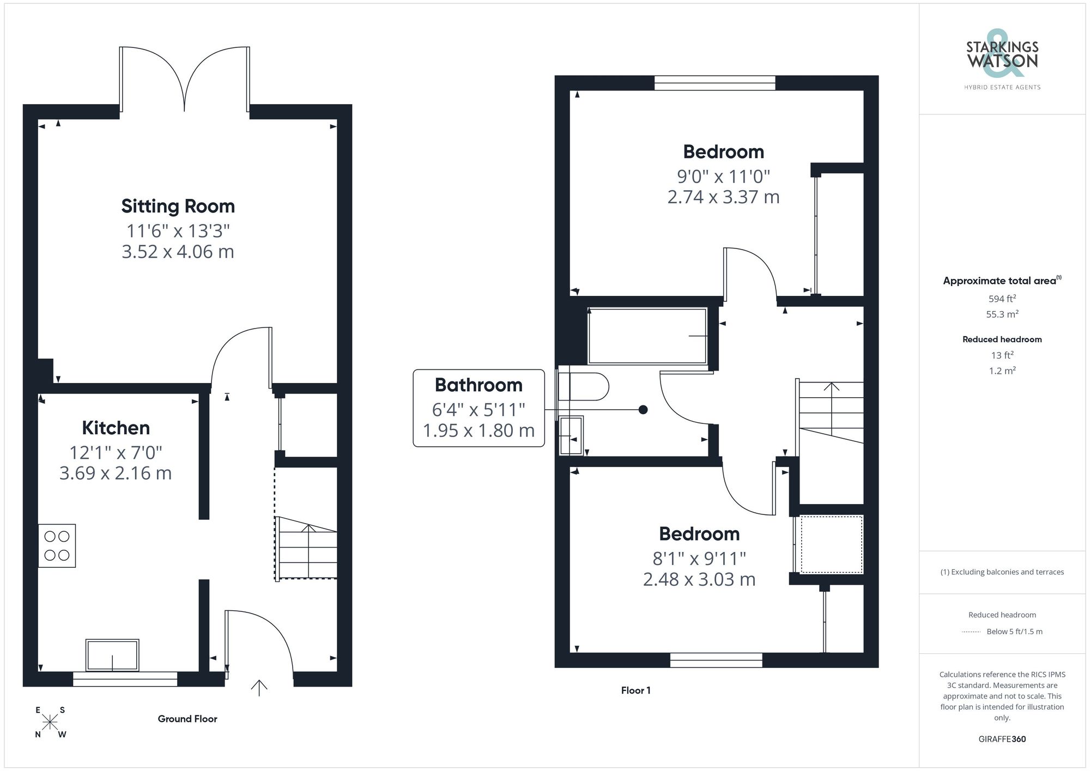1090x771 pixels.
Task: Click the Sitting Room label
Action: (x=178, y=207)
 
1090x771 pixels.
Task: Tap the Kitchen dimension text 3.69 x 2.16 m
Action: (x=116, y=473)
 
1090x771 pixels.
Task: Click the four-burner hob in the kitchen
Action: (x=57, y=545)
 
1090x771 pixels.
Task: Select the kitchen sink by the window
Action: (x=112, y=655)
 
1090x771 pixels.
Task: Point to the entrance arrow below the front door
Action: (x=259, y=688)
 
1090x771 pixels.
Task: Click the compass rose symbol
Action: (x=50, y=723)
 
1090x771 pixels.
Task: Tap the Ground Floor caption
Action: (x=187, y=719)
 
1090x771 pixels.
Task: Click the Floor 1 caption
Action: (x=635, y=690)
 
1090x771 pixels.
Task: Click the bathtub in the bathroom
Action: (x=647, y=336)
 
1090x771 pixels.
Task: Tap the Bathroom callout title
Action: (x=479, y=385)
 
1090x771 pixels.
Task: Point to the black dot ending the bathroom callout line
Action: (x=643, y=410)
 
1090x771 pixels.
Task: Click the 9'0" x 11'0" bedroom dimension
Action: (x=723, y=177)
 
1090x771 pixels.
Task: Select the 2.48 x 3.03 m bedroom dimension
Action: (x=699, y=579)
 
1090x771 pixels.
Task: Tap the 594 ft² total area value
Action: (x=1002, y=299)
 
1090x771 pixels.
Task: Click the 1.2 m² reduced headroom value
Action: (x=1002, y=371)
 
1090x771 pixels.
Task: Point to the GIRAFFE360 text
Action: (x=1002, y=739)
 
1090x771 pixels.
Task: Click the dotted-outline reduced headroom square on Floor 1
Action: (x=831, y=544)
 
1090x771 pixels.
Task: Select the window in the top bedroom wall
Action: (x=714, y=83)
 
